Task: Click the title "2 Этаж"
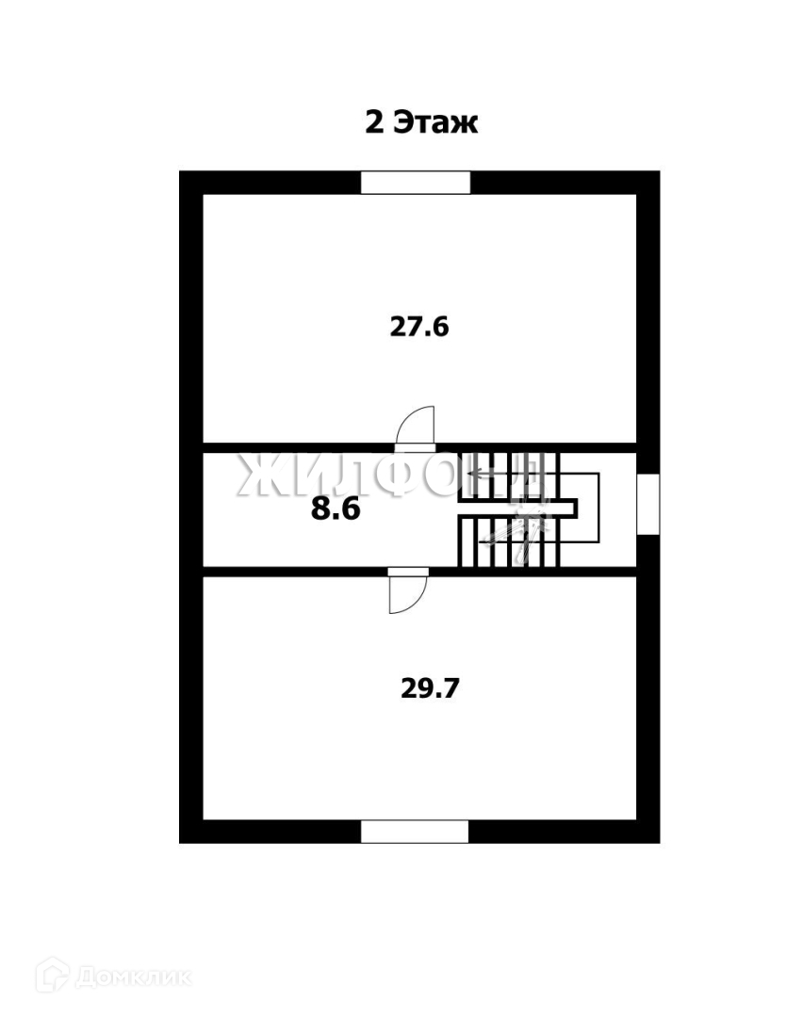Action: tap(421, 123)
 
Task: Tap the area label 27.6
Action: tap(419, 327)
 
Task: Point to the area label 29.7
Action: tap(431, 687)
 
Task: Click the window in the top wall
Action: tap(416, 182)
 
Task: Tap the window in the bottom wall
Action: tap(415, 831)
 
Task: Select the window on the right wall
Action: tap(647, 505)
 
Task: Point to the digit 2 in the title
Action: tap(374, 123)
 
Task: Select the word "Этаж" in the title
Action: tap(435, 123)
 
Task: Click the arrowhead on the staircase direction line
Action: tap(477, 474)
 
